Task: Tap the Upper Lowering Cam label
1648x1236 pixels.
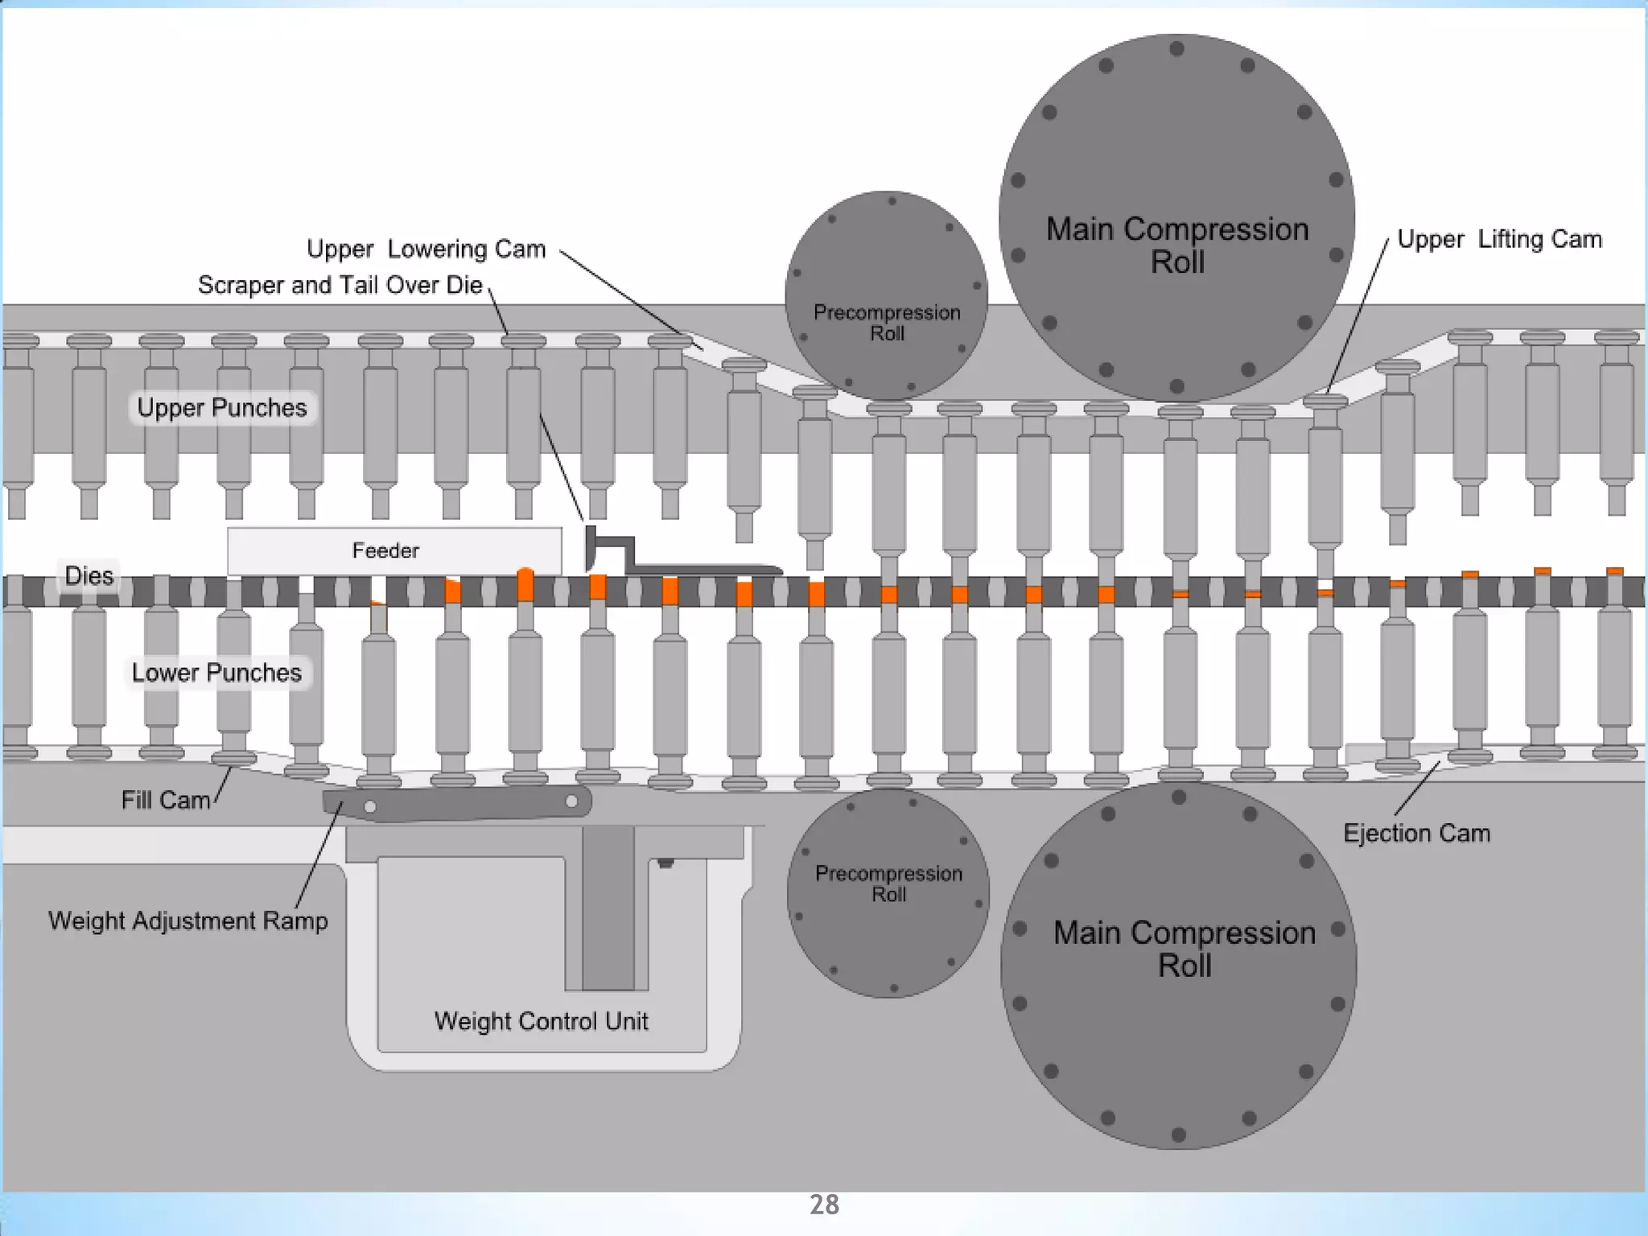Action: (x=426, y=249)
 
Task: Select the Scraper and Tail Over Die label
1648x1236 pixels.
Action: (x=340, y=286)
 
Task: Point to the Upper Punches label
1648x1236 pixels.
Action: (x=222, y=408)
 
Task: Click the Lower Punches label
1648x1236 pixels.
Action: (x=216, y=673)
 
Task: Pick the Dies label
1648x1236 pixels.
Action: (x=89, y=576)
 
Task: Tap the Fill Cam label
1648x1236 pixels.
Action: (x=166, y=800)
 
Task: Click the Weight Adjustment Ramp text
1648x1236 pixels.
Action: (x=188, y=921)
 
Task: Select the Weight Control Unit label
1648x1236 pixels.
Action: (x=541, y=1021)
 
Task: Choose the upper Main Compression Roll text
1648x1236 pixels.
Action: (x=1177, y=245)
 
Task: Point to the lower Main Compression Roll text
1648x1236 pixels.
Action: (x=1184, y=949)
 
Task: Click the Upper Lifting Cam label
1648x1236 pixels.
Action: (x=1499, y=239)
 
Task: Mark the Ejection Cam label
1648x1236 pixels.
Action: (x=1416, y=833)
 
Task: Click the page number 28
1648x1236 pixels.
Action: (x=824, y=1205)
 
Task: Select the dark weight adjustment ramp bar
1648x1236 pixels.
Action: (x=457, y=803)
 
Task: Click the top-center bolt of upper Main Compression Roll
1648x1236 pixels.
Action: (x=1176, y=48)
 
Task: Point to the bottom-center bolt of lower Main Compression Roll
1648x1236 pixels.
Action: (x=1179, y=1135)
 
